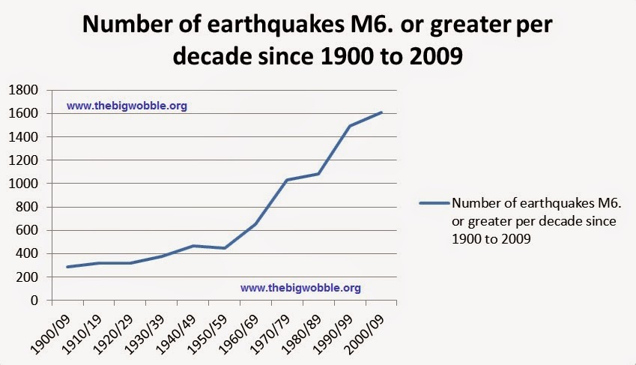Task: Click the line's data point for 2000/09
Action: click(x=381, y=112)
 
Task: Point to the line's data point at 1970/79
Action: click(x=287, y=180)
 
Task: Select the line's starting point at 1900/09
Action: click(x=67, y=267)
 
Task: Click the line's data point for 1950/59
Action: click(x=224, y=248)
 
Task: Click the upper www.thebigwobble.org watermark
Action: click(x=127, y=106)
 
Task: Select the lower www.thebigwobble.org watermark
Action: click(x=301, y=287)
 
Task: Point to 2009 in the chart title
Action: click(x=428, y=55)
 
